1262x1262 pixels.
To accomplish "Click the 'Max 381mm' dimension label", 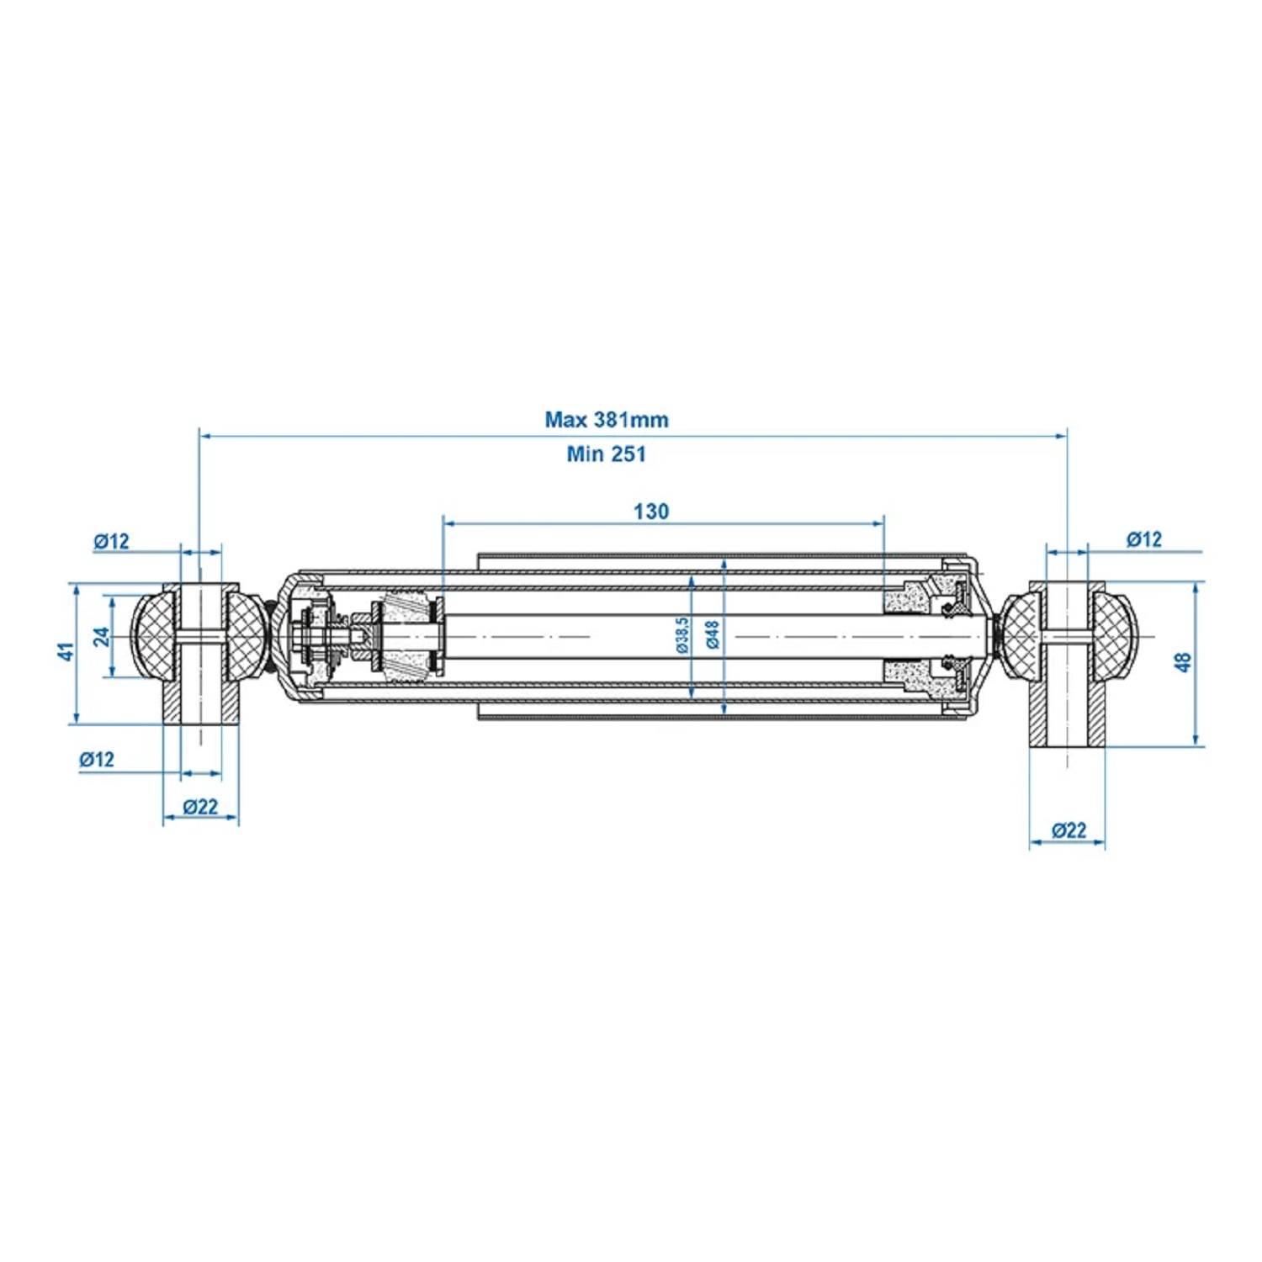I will [x=606, y=419].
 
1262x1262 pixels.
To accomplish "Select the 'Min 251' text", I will [x=606, y=454].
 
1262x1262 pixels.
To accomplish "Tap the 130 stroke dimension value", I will [x=651, y=511].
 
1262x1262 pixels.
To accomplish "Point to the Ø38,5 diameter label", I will [x=681, y=635].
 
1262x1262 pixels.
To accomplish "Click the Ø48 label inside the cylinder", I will [x=713, y=635].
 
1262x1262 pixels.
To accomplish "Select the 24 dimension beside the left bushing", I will [x=102, y=636].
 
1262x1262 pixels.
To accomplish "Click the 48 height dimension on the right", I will [x=1184, y=662].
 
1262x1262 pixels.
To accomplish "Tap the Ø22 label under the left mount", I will [x=200, y=807].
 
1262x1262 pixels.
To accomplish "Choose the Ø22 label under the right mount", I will [x=1068, y=830].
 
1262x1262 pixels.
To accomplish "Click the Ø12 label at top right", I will [x=1144, y=539].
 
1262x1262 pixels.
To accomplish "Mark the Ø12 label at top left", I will [x=111, y=541].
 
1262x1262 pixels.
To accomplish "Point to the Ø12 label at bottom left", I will [x=97, y=759].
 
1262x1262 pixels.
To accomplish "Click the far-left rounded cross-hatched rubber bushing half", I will [x=154, y=637].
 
